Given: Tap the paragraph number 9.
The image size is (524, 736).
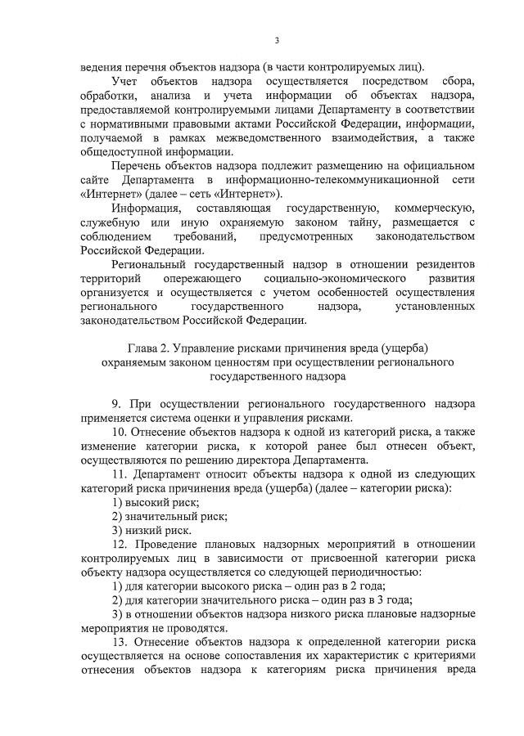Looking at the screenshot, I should pyautogui.click(x=115, y=405).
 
